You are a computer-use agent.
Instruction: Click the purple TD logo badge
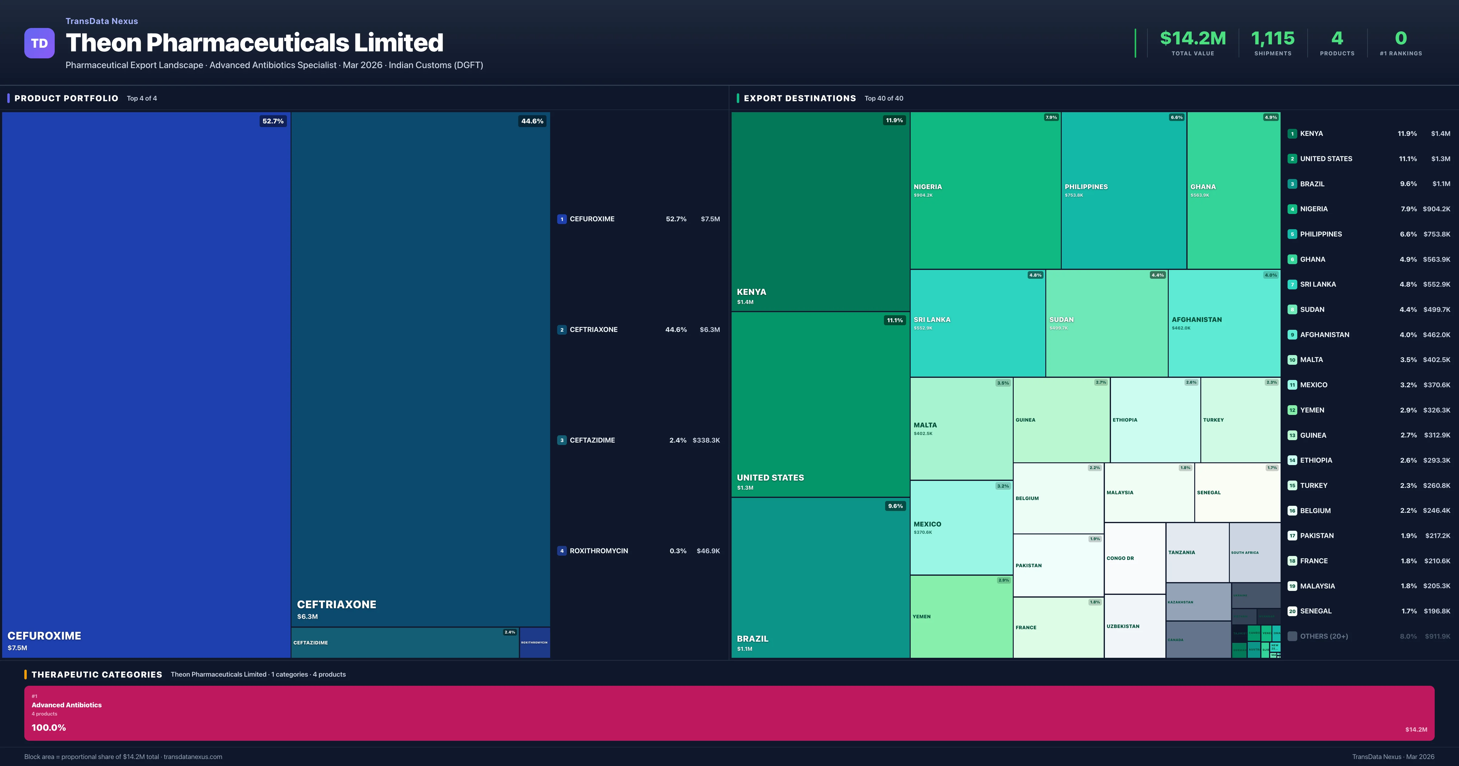coord(39,43)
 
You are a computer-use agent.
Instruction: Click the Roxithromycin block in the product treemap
coord(534,643)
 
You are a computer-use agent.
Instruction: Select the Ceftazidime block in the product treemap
coord(405,643)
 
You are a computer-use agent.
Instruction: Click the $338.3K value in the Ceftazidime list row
coord(706,440)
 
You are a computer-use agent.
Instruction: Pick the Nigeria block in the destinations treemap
coord(985,190)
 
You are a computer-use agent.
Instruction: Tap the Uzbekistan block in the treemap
coord(1134,626)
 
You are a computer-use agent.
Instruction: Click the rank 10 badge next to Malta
coord(1292,360)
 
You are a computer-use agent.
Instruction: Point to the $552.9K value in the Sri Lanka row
coord(1436,285)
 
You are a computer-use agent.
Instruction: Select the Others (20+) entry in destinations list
coord(1324,636)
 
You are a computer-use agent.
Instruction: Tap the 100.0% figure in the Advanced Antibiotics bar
coord(49,727)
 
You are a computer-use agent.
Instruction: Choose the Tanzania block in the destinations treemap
coord(1197,552)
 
